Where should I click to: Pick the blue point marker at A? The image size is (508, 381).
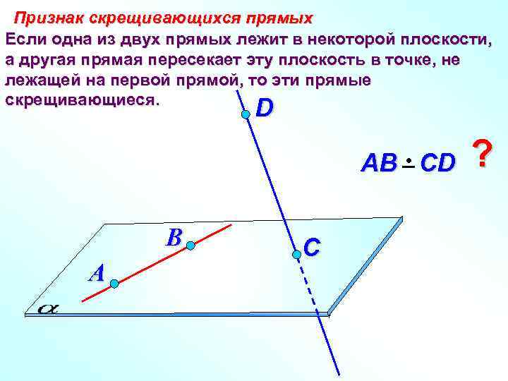114,284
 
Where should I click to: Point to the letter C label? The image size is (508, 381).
311,246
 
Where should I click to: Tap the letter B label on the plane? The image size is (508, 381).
173,237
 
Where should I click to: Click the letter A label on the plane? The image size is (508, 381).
97,272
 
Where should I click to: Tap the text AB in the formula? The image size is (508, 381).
379,164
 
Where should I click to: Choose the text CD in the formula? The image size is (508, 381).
437,164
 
